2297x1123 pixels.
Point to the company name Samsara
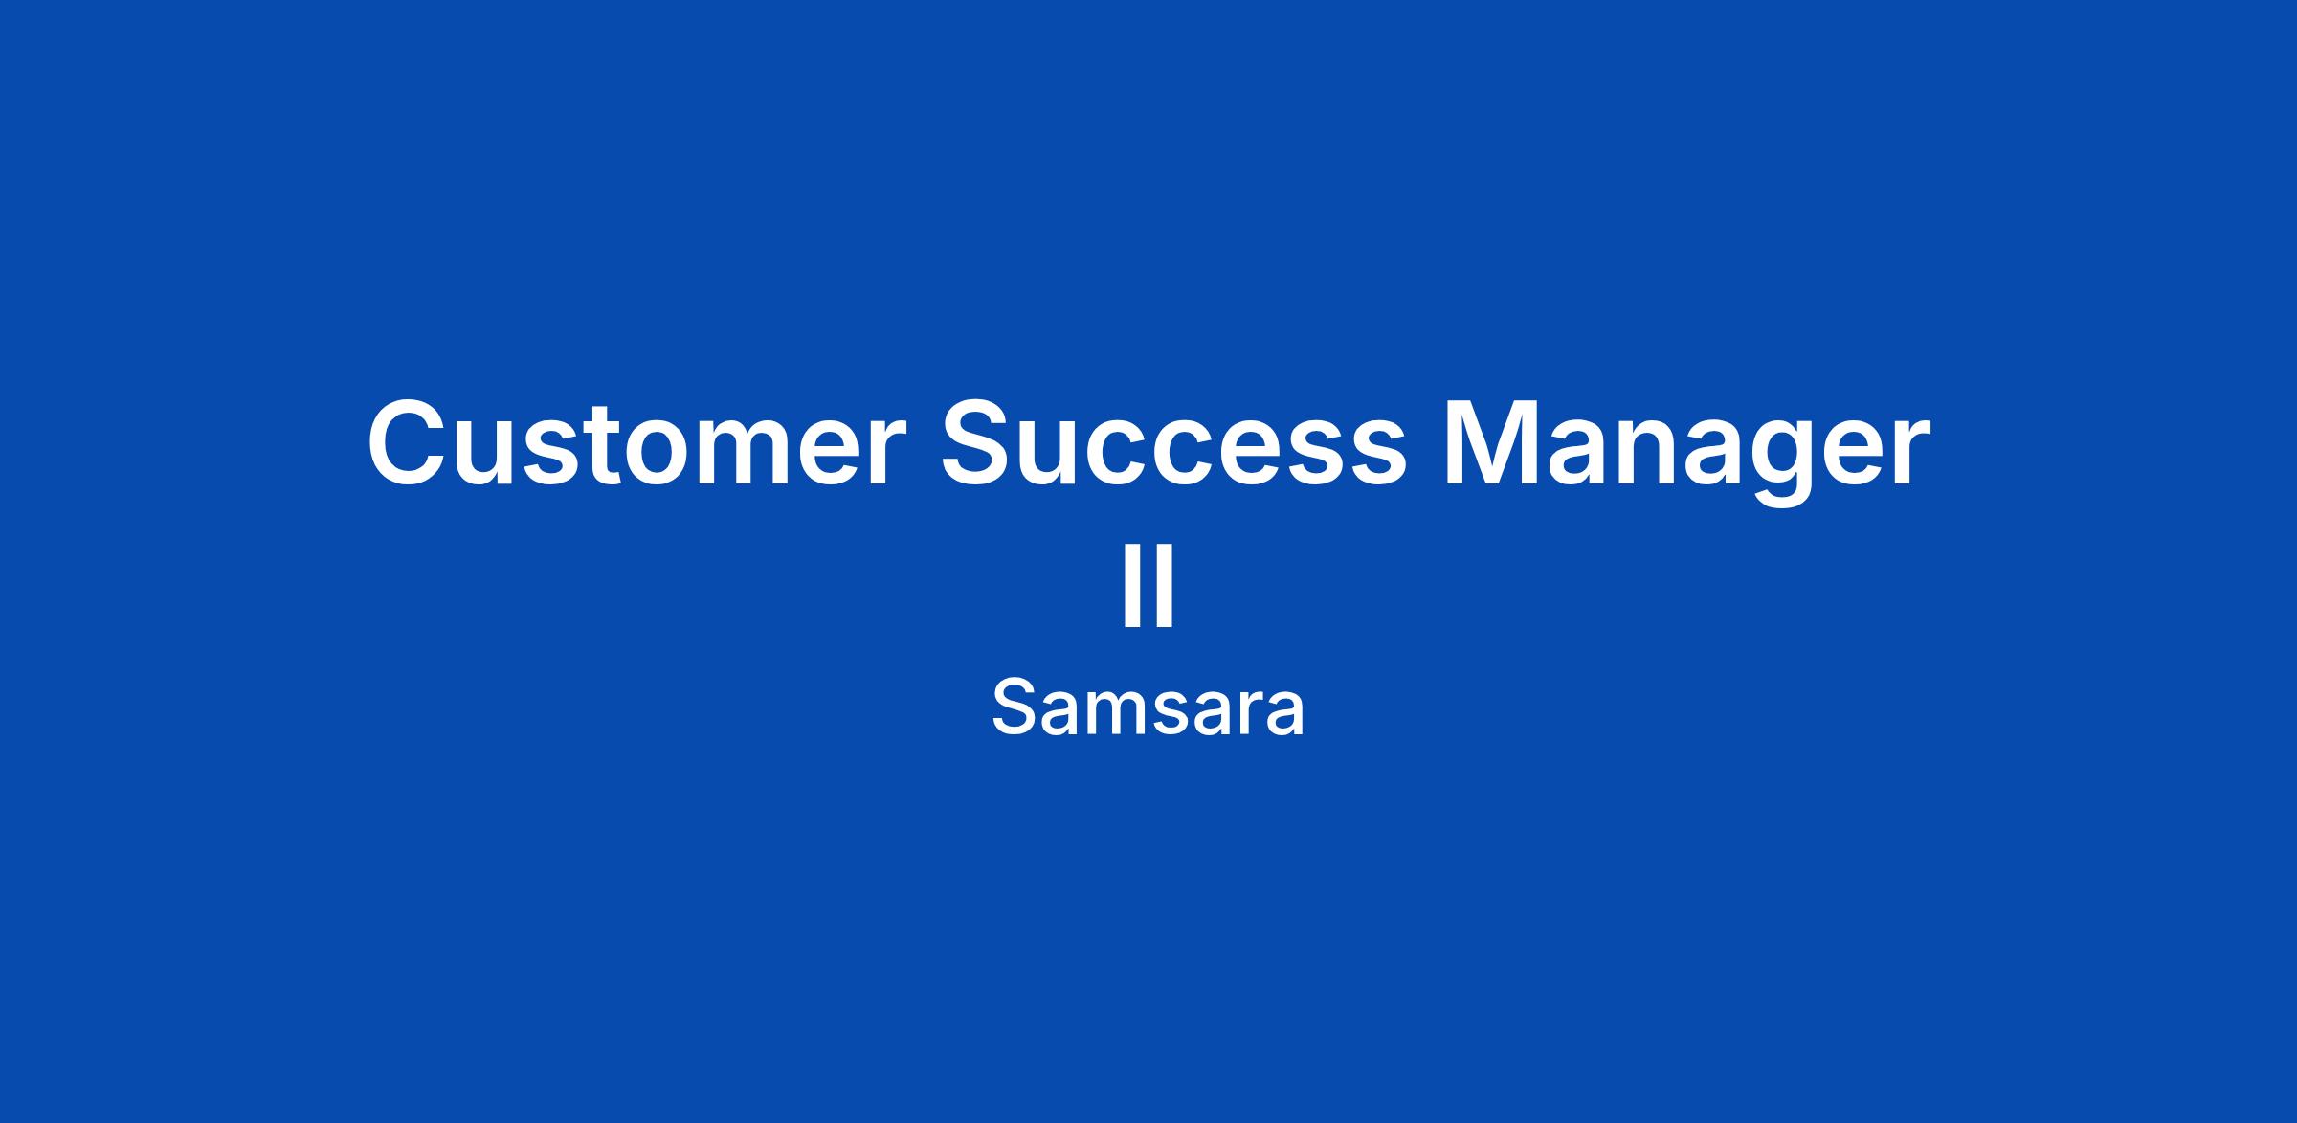click(x=1148, y=708)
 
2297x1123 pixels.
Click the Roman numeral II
click(x=1148, y=587)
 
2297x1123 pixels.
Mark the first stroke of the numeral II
click(x=1130, y=587)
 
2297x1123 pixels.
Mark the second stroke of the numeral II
click(x=1166, y=587)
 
